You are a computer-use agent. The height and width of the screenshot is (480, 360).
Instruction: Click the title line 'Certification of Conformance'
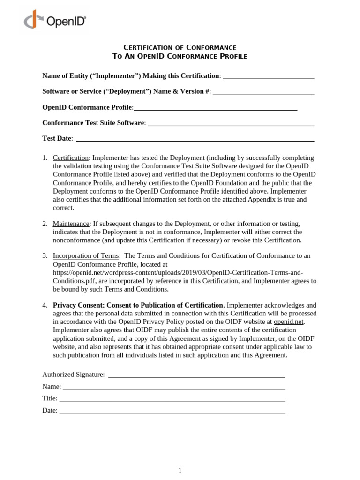click(x=180, y=47)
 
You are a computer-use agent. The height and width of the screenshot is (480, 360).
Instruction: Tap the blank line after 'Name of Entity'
click(x=268, y=76)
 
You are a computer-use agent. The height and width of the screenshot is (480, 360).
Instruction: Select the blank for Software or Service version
click(x=263, y=92)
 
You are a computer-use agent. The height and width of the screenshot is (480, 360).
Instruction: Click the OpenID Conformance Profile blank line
click(x=215, y=108)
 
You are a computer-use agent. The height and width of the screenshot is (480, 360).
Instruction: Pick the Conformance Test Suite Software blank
click(x=231, y=123)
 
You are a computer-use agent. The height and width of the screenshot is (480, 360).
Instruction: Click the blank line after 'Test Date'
click(x=195, y=139)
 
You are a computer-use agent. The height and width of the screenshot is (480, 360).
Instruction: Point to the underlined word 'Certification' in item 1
click(x=71, y=157)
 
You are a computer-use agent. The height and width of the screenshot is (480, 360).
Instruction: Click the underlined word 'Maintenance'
click(x=71, y=224)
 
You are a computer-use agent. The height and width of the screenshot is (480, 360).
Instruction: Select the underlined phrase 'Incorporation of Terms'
click(x=86, y=255)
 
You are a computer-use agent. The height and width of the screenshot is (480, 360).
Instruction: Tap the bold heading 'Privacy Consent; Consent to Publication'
click(x=138, y=305)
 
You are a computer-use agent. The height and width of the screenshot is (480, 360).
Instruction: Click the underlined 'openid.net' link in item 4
click(x=289, y=322)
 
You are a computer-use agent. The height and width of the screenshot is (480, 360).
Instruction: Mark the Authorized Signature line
click(x=196, y=375)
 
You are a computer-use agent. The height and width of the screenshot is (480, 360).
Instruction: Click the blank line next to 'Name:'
click(x=174, y=387)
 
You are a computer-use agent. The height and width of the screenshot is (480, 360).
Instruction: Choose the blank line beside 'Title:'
click(x=172, y=398)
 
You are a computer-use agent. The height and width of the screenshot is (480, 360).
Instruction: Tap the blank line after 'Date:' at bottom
click(x=172, y=411)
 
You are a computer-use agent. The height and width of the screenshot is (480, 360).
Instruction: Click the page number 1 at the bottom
click(x=180, y=471)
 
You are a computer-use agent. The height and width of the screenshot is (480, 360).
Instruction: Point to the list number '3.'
click(x=45, y=255)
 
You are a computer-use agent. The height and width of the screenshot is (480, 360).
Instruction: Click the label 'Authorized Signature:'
click(x=74, y=375)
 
